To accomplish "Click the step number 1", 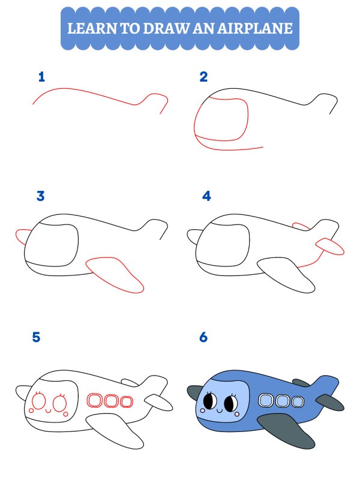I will [41, 77].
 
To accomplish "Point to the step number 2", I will [203, 77].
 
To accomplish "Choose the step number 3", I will [41, 196].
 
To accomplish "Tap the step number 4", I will [206, 196].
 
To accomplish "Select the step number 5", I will [36, 337].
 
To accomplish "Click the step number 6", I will [203, 337].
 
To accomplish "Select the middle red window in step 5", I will [111, 401].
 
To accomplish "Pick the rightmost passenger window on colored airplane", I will [296, 401].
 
